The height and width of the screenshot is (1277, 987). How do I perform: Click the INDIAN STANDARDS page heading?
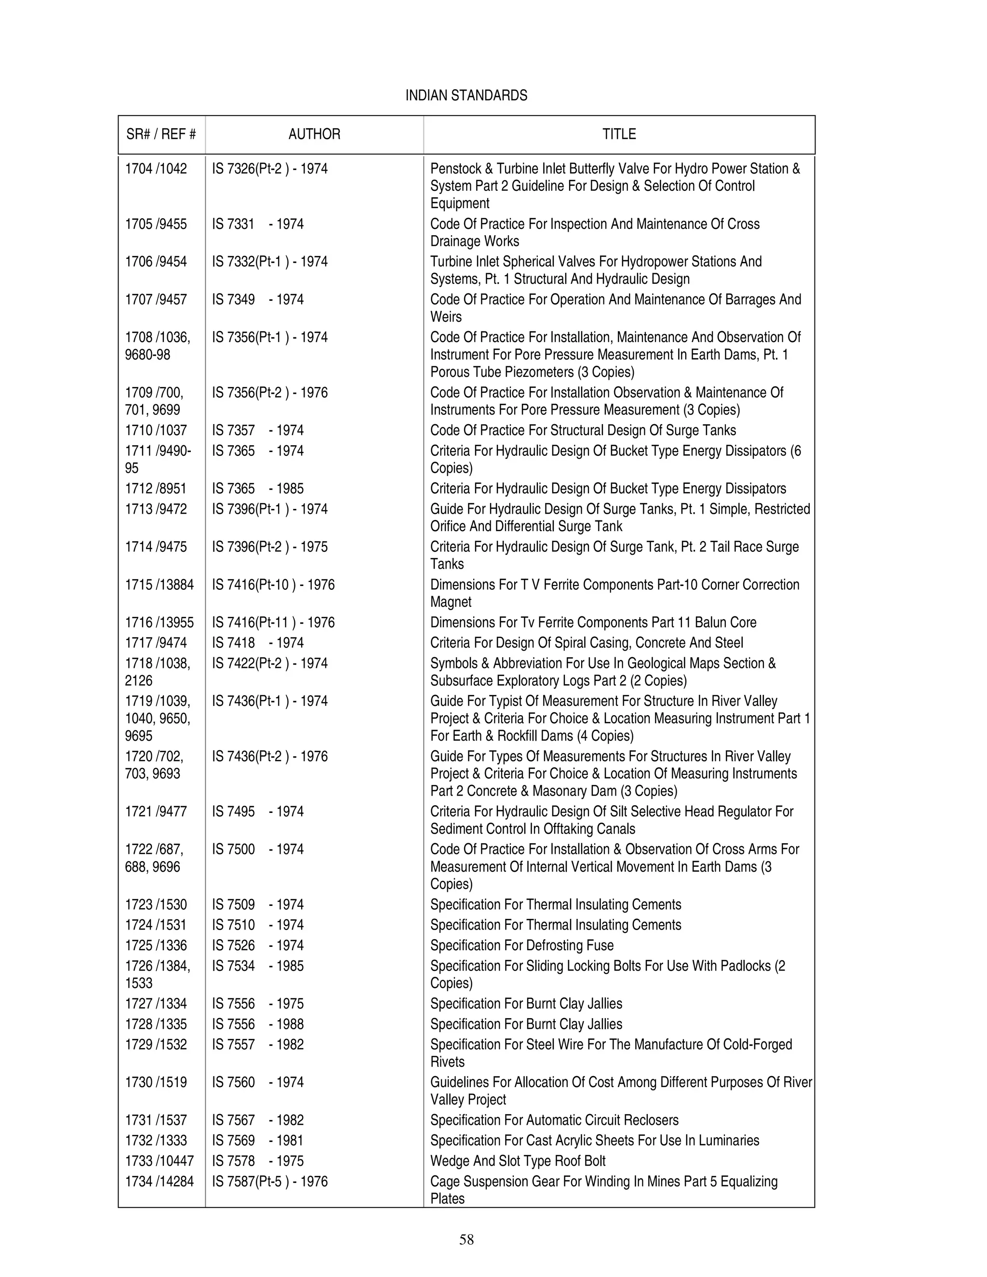point(466,95)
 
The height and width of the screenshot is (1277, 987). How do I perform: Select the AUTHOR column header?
point(314,134)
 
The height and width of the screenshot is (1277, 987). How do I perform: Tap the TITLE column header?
point(619,134)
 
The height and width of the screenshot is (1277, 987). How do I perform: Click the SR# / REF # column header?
point(161,134)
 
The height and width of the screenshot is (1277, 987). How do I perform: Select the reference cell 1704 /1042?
point(156,169)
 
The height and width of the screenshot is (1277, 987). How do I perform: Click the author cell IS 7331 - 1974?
point(257,224)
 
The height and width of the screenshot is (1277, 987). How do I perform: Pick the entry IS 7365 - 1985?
point(257,488)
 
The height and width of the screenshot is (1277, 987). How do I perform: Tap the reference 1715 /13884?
point(159,585)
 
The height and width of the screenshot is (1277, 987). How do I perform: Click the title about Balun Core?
point(593,622)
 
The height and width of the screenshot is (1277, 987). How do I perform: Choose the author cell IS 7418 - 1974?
point(257,642)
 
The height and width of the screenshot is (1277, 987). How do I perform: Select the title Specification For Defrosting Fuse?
point(521,945)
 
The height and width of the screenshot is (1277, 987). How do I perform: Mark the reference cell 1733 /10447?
point(159,1161)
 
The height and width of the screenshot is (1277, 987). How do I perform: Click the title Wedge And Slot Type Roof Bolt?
point(518,1161)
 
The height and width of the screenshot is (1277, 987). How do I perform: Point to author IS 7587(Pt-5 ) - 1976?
point(269,1181)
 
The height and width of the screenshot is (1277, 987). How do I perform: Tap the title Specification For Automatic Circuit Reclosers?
point(554,1120)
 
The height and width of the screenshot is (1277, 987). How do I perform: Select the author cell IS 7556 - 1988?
point(257,1024)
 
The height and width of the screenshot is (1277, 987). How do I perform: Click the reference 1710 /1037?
point(156,430)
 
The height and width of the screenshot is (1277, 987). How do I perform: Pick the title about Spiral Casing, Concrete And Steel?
point(587,642)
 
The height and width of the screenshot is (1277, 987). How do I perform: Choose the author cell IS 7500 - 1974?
point(257,849)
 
